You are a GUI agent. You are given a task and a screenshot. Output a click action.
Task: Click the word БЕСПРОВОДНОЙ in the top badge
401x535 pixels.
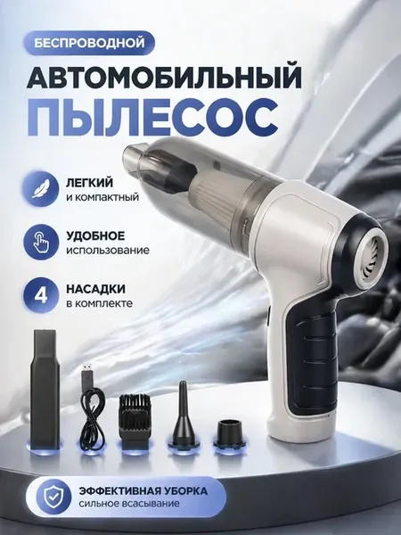89,44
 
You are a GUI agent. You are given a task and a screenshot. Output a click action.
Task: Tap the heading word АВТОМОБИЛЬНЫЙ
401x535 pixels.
164,78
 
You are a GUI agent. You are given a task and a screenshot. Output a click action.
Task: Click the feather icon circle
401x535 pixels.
41,189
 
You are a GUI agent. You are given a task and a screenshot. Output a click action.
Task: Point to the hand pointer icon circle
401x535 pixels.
41,243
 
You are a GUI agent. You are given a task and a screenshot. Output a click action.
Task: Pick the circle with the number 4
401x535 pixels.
41,295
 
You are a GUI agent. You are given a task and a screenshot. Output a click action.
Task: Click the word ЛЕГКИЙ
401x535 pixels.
89,183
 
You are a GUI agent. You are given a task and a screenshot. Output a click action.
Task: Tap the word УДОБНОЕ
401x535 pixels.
95,235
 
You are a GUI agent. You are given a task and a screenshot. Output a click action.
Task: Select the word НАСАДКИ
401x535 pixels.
95,289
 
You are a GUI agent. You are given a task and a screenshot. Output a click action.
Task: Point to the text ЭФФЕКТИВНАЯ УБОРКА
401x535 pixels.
143,491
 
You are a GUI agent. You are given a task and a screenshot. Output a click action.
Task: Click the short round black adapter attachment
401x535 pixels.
230,432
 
